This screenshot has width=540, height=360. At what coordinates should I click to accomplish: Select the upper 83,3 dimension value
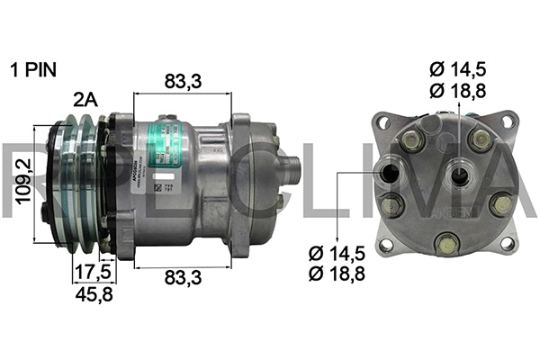tap(184, 82)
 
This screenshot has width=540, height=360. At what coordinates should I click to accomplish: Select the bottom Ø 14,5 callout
tap(334, 255)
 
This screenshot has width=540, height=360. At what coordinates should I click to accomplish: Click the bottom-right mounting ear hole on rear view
tap(507, 243)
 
